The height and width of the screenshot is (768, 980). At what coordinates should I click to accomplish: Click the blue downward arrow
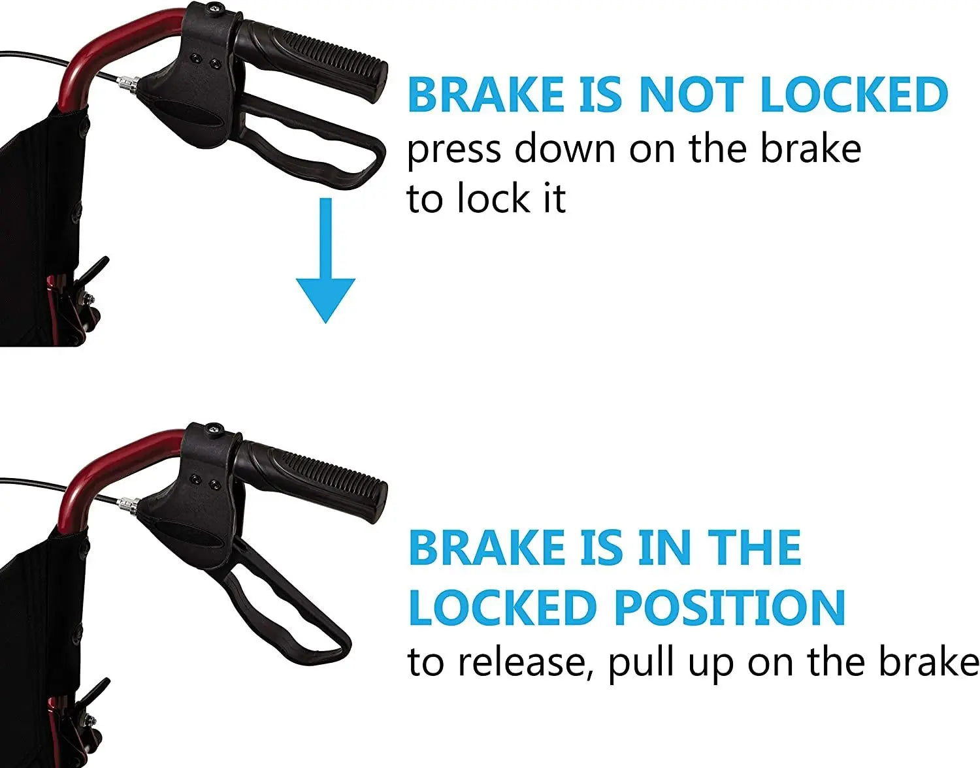pos(325,260)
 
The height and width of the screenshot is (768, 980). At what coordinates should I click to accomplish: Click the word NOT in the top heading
pos(691,95)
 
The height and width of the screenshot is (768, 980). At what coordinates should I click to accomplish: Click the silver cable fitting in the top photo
pos(128,84)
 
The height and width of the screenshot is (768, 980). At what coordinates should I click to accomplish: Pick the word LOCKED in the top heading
pos(854,95)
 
